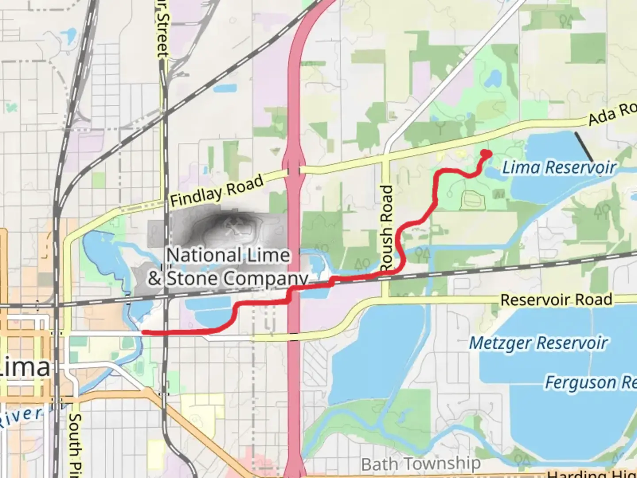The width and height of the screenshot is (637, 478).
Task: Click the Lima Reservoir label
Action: (x=559, y=168)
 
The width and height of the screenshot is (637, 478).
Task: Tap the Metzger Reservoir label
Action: (x=538, y=343)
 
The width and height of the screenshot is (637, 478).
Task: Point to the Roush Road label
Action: (x=387, y=228)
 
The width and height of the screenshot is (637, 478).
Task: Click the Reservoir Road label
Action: (x=556, y=300)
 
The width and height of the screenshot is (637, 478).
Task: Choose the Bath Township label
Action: (x=421, y=464)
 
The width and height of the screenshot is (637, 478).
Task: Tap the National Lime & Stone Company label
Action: (x=228, y=267)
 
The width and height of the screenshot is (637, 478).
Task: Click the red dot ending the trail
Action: (x=486, y=154)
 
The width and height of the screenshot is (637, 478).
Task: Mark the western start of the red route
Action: (x=143, y=332)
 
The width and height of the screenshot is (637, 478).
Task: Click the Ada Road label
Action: (x=612, y=114)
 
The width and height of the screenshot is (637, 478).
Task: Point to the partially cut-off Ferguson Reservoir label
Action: (x=590, y=382)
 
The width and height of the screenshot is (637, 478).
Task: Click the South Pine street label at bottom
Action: (x=75, y=445)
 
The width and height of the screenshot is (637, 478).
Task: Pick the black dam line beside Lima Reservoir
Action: (x=584, y=146)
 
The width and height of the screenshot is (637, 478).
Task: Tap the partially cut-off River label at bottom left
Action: (x=22, y=416)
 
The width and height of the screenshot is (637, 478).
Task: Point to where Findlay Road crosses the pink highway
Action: (x=294, y=170)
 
